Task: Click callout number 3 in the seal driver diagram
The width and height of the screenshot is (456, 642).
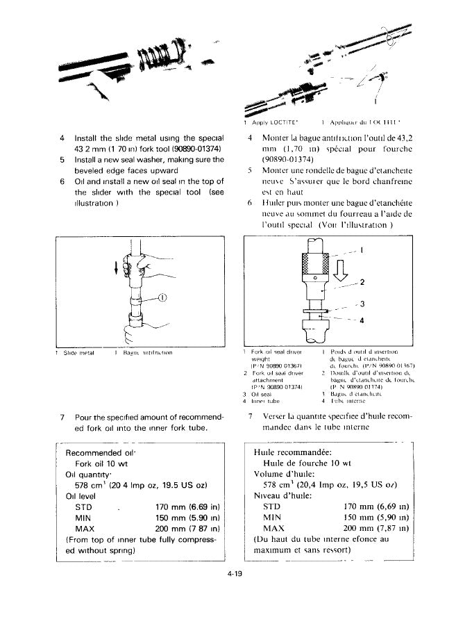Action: pos(361,304)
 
